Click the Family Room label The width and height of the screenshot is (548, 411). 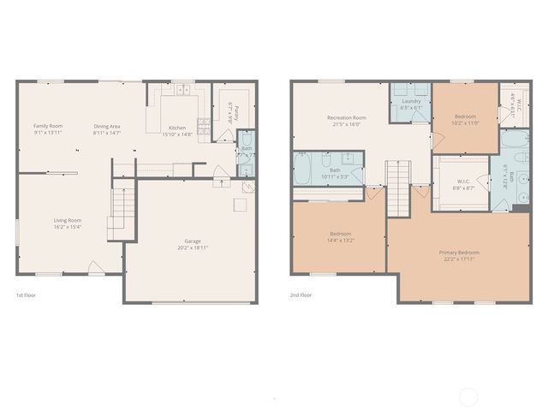tap(48, 126)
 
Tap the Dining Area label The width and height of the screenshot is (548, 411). tap(107, 126)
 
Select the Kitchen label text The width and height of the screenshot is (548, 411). tap(176, 128)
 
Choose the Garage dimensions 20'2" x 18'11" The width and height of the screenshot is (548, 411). tap(193, 247)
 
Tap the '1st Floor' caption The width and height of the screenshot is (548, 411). tap(26, 295)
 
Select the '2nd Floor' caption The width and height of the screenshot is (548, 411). tap(301, 295)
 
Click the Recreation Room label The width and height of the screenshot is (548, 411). tap(347, 117)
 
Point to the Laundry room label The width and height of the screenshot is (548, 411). tap(411, 101)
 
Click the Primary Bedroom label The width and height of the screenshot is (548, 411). tap(459, 253)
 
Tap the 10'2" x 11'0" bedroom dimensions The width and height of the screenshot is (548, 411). tap(466, 122)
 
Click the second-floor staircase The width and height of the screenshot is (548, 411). tap(399, 189)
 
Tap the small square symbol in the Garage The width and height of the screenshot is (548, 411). tap(241, 205)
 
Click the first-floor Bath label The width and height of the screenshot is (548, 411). tap(246, 148)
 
